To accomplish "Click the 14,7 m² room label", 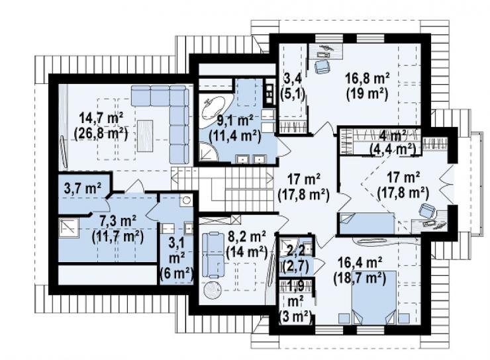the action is click(101, 118).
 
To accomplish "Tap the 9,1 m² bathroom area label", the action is click(235, 121).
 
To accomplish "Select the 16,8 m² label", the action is click(367, 79).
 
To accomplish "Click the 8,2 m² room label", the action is click(246, 236).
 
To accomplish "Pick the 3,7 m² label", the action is click(83, 189).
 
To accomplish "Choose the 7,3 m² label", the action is click(117, 222).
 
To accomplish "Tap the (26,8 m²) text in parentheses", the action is click(101, 134).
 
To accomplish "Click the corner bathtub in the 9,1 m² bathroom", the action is click(213, 108).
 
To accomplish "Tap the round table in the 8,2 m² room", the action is click(213, 290).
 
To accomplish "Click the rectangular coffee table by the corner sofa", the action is click(145, 136).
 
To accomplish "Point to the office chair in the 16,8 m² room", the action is click(322, 66).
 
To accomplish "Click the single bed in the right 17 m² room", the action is click(367, 223).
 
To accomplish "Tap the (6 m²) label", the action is click(176, 275).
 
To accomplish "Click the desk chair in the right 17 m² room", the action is click(427, 210).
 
